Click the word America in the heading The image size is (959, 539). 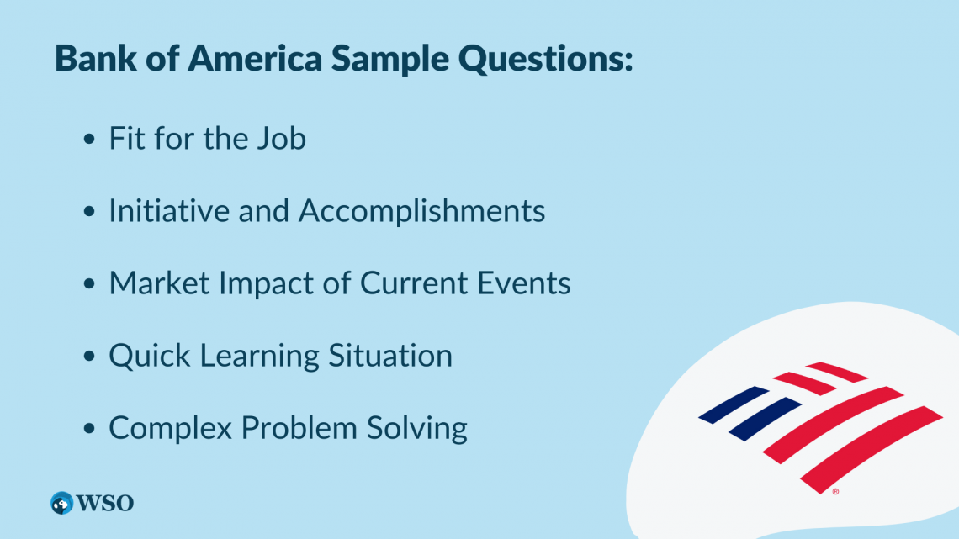click(x=254, y=59)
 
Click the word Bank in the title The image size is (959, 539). click(x=95, y=59)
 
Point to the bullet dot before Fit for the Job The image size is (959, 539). click(x=90, y=140)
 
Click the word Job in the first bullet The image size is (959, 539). click(x=281, y=139)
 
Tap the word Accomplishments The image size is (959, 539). click(x=421, y=211)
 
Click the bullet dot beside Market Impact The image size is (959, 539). click(x=90, y=283)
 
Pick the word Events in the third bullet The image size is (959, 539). click(x=523, y=283)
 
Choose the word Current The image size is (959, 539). click(x=413, y=283)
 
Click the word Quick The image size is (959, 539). click(x=150, y=357)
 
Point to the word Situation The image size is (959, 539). click(x=390, y=356)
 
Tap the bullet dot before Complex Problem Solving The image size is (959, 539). click(x=90, y=428)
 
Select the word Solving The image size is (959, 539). click(x=416, y=428)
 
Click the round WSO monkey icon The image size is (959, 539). click(x=61, y=503)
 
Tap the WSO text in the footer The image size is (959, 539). click(x=104, y=504)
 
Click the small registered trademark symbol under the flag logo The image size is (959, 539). click(x=835, y=491)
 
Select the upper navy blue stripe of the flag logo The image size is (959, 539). click(x=734, y=404)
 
